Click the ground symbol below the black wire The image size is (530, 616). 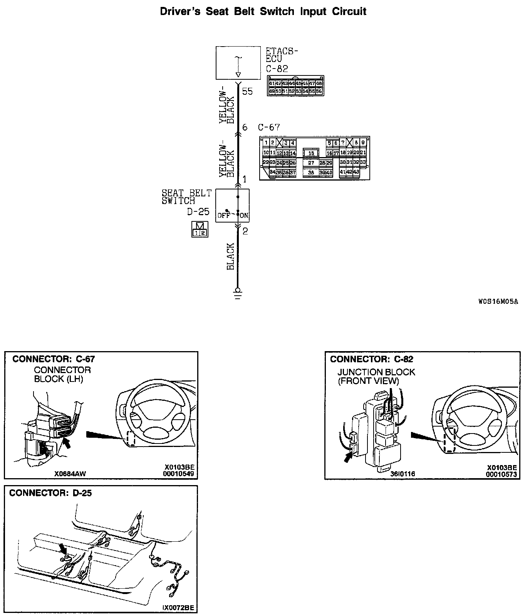(x=238, y=294)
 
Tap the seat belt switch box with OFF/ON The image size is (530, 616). (x=232, y=206)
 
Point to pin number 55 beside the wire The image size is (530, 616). (x=248, y=92)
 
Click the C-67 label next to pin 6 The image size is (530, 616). (x=269, y=127)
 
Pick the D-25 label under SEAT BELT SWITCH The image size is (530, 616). (x=198, y=212)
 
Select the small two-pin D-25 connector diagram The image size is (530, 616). (x=200, y=229)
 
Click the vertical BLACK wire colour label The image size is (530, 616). (x=231, y=256)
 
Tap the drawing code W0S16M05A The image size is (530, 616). (x=498, y=301)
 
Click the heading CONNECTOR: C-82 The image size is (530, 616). (x=371, y=359)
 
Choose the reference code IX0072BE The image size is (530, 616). (x=178, y=608)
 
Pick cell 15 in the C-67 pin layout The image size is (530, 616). (x=311, y=153)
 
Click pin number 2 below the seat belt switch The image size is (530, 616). (x=245, y=231)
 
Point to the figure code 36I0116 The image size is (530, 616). (x=403, y=474)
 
